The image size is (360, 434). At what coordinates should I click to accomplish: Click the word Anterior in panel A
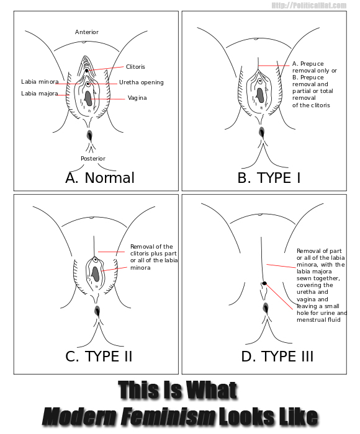pos(87,32)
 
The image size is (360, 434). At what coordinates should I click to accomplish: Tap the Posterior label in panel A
pos(93,159)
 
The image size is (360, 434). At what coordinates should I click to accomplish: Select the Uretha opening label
pos(142,82)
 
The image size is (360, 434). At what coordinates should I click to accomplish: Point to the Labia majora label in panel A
pos(40,94)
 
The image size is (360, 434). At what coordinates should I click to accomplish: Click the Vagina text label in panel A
pos(137,98)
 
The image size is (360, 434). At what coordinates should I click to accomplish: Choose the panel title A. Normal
pos(100,178)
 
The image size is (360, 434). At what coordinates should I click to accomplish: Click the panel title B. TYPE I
pos(269,178)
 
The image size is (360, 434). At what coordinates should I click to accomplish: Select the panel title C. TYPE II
pos(99,356)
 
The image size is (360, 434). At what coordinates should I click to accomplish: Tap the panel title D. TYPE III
pos(277,356)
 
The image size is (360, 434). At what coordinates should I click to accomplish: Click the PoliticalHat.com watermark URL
pos(309,5)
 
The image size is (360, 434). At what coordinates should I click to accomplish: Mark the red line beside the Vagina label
pos(107,99)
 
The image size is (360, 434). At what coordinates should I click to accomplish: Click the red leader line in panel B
pos(274,66)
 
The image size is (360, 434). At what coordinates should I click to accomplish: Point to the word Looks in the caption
pos(246,416)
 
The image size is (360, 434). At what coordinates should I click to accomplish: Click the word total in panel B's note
pos(326,91)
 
